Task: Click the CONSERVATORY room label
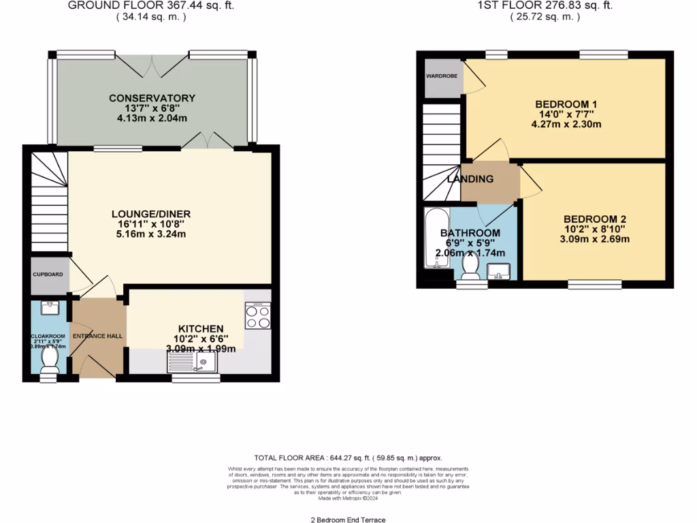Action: pos(152,98)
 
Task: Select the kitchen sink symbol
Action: pos(192,362)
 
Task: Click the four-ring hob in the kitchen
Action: pos(257,315)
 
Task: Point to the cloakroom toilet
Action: pos(49,360)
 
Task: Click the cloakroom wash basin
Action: pos(49,308)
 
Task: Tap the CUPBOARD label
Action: pos(48,274)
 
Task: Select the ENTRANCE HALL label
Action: pos(98,336)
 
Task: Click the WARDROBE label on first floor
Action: pos(442,76)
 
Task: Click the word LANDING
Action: pos(470,179)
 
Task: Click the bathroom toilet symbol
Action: pos(469,266)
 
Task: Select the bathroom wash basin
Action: pos(499,272)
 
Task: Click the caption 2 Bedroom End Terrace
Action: pos(348,520)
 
